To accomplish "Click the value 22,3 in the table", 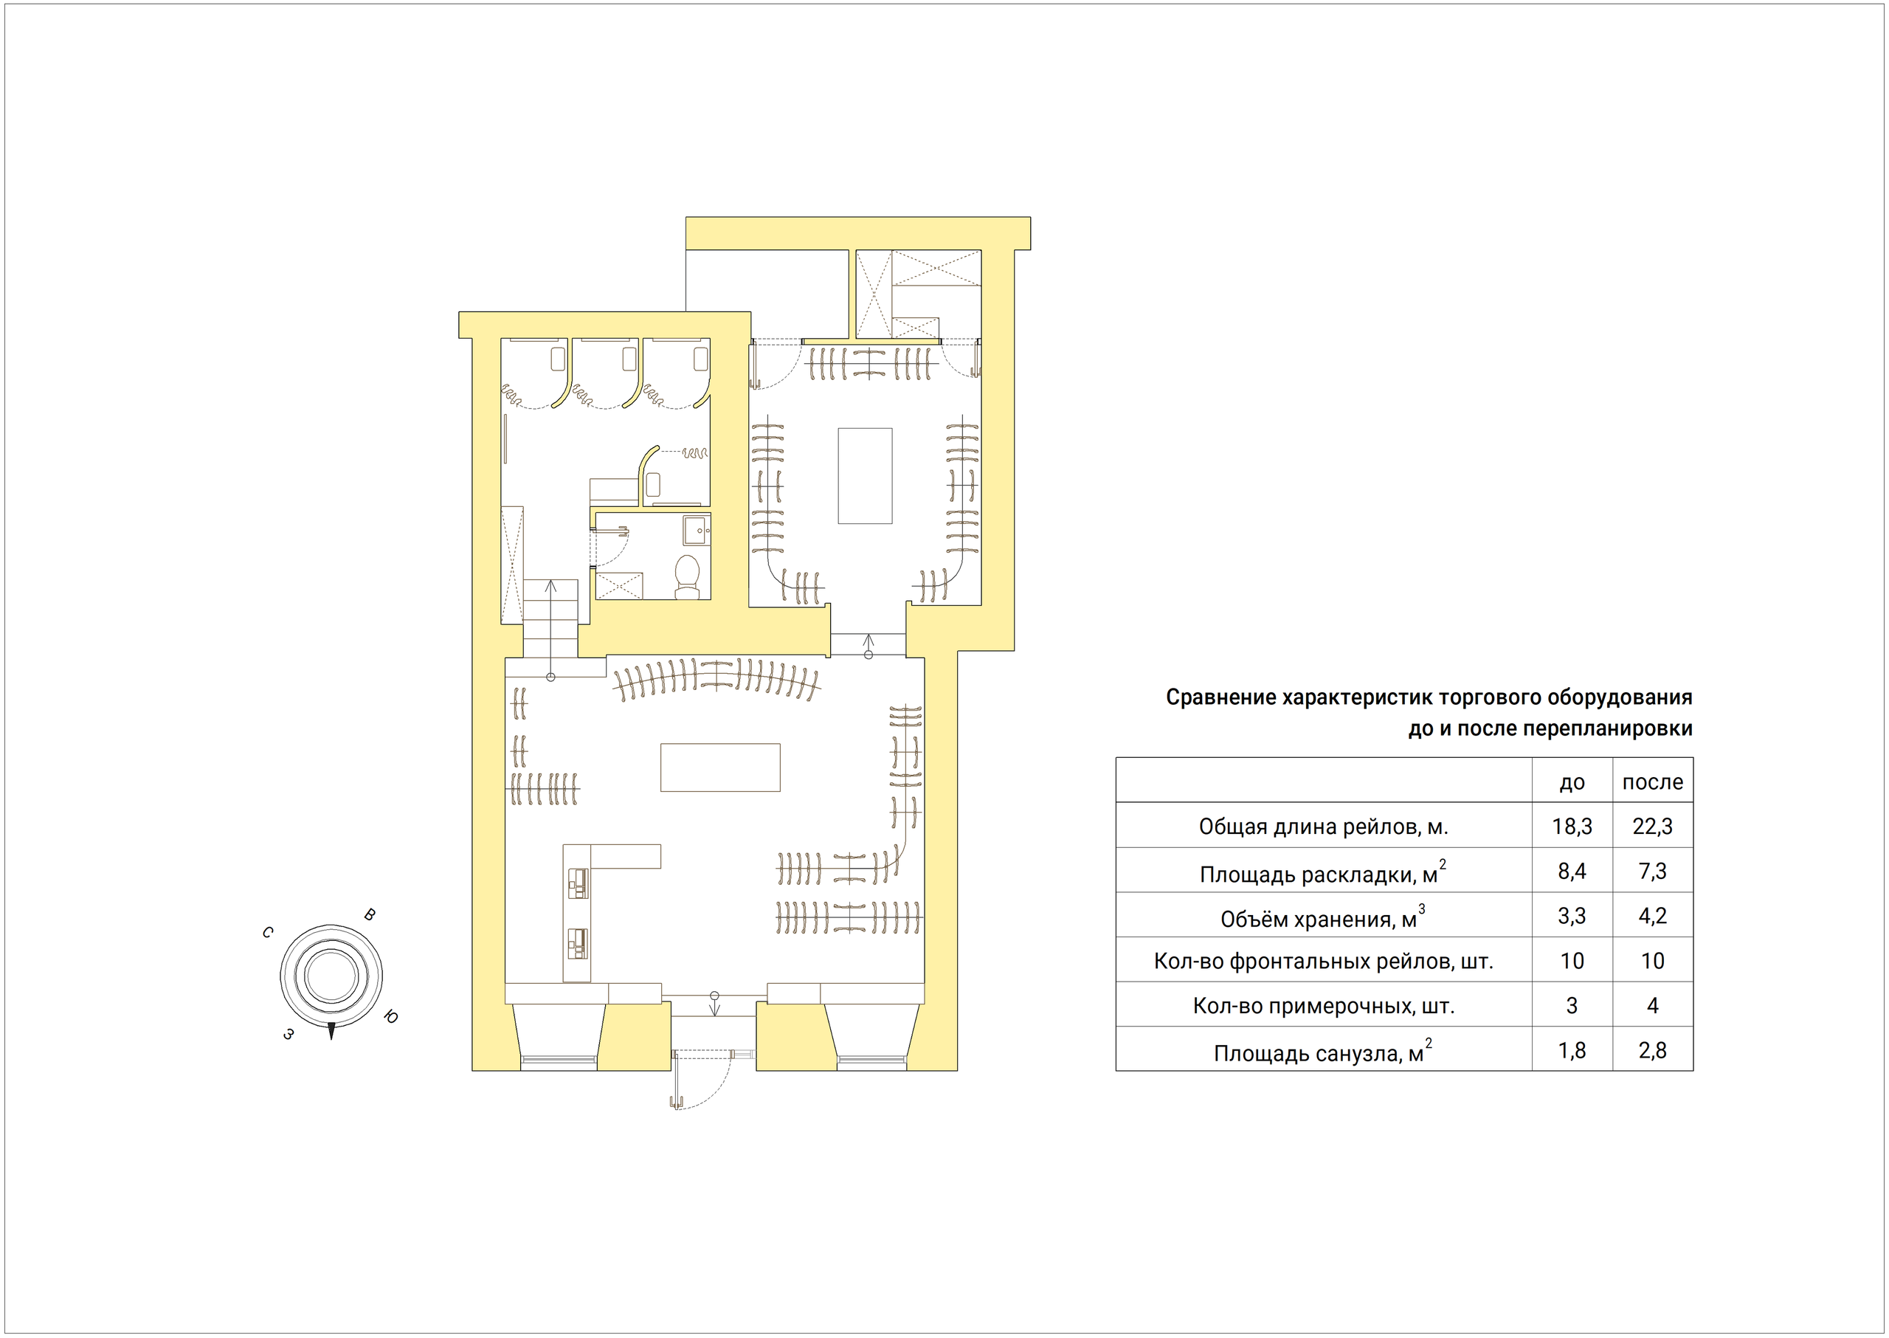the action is pyautogui.click(x=1653, y=827).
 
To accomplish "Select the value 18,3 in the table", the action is pyautogui.click(x=1572, y=827).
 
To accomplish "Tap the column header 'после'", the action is pyautogui.click(x=1653, y=782).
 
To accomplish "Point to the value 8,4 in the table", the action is pyautogui.click(x=1572, y=871).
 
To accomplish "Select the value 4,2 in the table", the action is pyautogui.click(x=1653, y=916).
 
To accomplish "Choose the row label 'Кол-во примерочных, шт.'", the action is pyautogui.click(x=1324, y=1006).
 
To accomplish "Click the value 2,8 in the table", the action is pyautogui.click(x=1653, y=1050).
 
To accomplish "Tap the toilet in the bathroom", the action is pyautogui.click(x=687, y=576).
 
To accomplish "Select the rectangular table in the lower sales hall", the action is pyautogui.click(x=720, y=768).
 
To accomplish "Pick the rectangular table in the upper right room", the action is pyautogui.click(x=865, y=475).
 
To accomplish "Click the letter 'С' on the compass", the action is pyautogui.click(x=268, y=933).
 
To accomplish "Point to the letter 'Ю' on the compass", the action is pyautogui.click(x=391, y=1018).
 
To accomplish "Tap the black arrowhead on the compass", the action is pyautogui.click(x=331, y=1030).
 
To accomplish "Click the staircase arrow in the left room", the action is pyautogui.click(x=550, y=630).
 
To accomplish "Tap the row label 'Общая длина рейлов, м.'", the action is pyautogui.click(x=1323, y=827).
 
